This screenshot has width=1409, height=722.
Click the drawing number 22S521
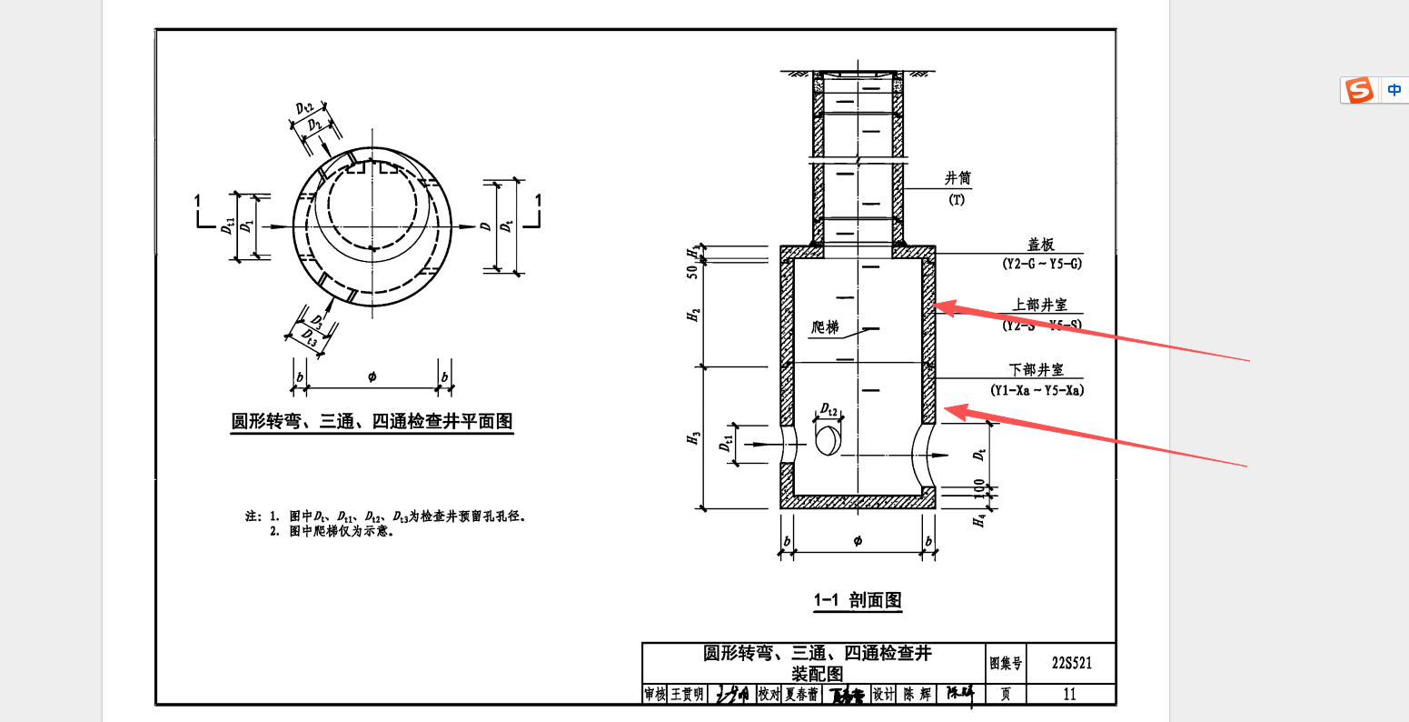click(x=1071, y=663)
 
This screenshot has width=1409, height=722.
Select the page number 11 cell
click(x=1069, y=694)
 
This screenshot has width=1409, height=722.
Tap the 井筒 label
click(x=958, y=179)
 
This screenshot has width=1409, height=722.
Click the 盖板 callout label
click(x=1041, y=246)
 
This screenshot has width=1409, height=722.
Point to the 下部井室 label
click(x=1037, y=370)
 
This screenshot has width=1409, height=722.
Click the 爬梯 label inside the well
click(x=825, y=327)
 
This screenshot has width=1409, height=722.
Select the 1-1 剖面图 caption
click(x=858, y=600)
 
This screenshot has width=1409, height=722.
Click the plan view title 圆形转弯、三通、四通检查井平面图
click(x=372, y=421)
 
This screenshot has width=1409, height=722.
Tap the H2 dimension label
click(x=695, y=315)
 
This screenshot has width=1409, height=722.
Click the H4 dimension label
click(x=979, y=521)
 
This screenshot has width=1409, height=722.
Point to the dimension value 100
click(x=979, y=488)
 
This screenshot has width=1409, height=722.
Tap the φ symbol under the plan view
click(x=372, y=376)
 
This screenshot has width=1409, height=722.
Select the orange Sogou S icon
click(x=1360, y=90)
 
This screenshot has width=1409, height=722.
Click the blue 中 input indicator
click(x=1394, y=90)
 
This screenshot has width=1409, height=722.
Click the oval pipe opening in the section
click(x=829, y=441)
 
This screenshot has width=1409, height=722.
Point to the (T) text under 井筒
click(x=957, y=200)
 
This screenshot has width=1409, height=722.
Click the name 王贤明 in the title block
click(x=687, y=694)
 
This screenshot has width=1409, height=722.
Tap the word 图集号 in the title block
click(x=1006, y=664)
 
